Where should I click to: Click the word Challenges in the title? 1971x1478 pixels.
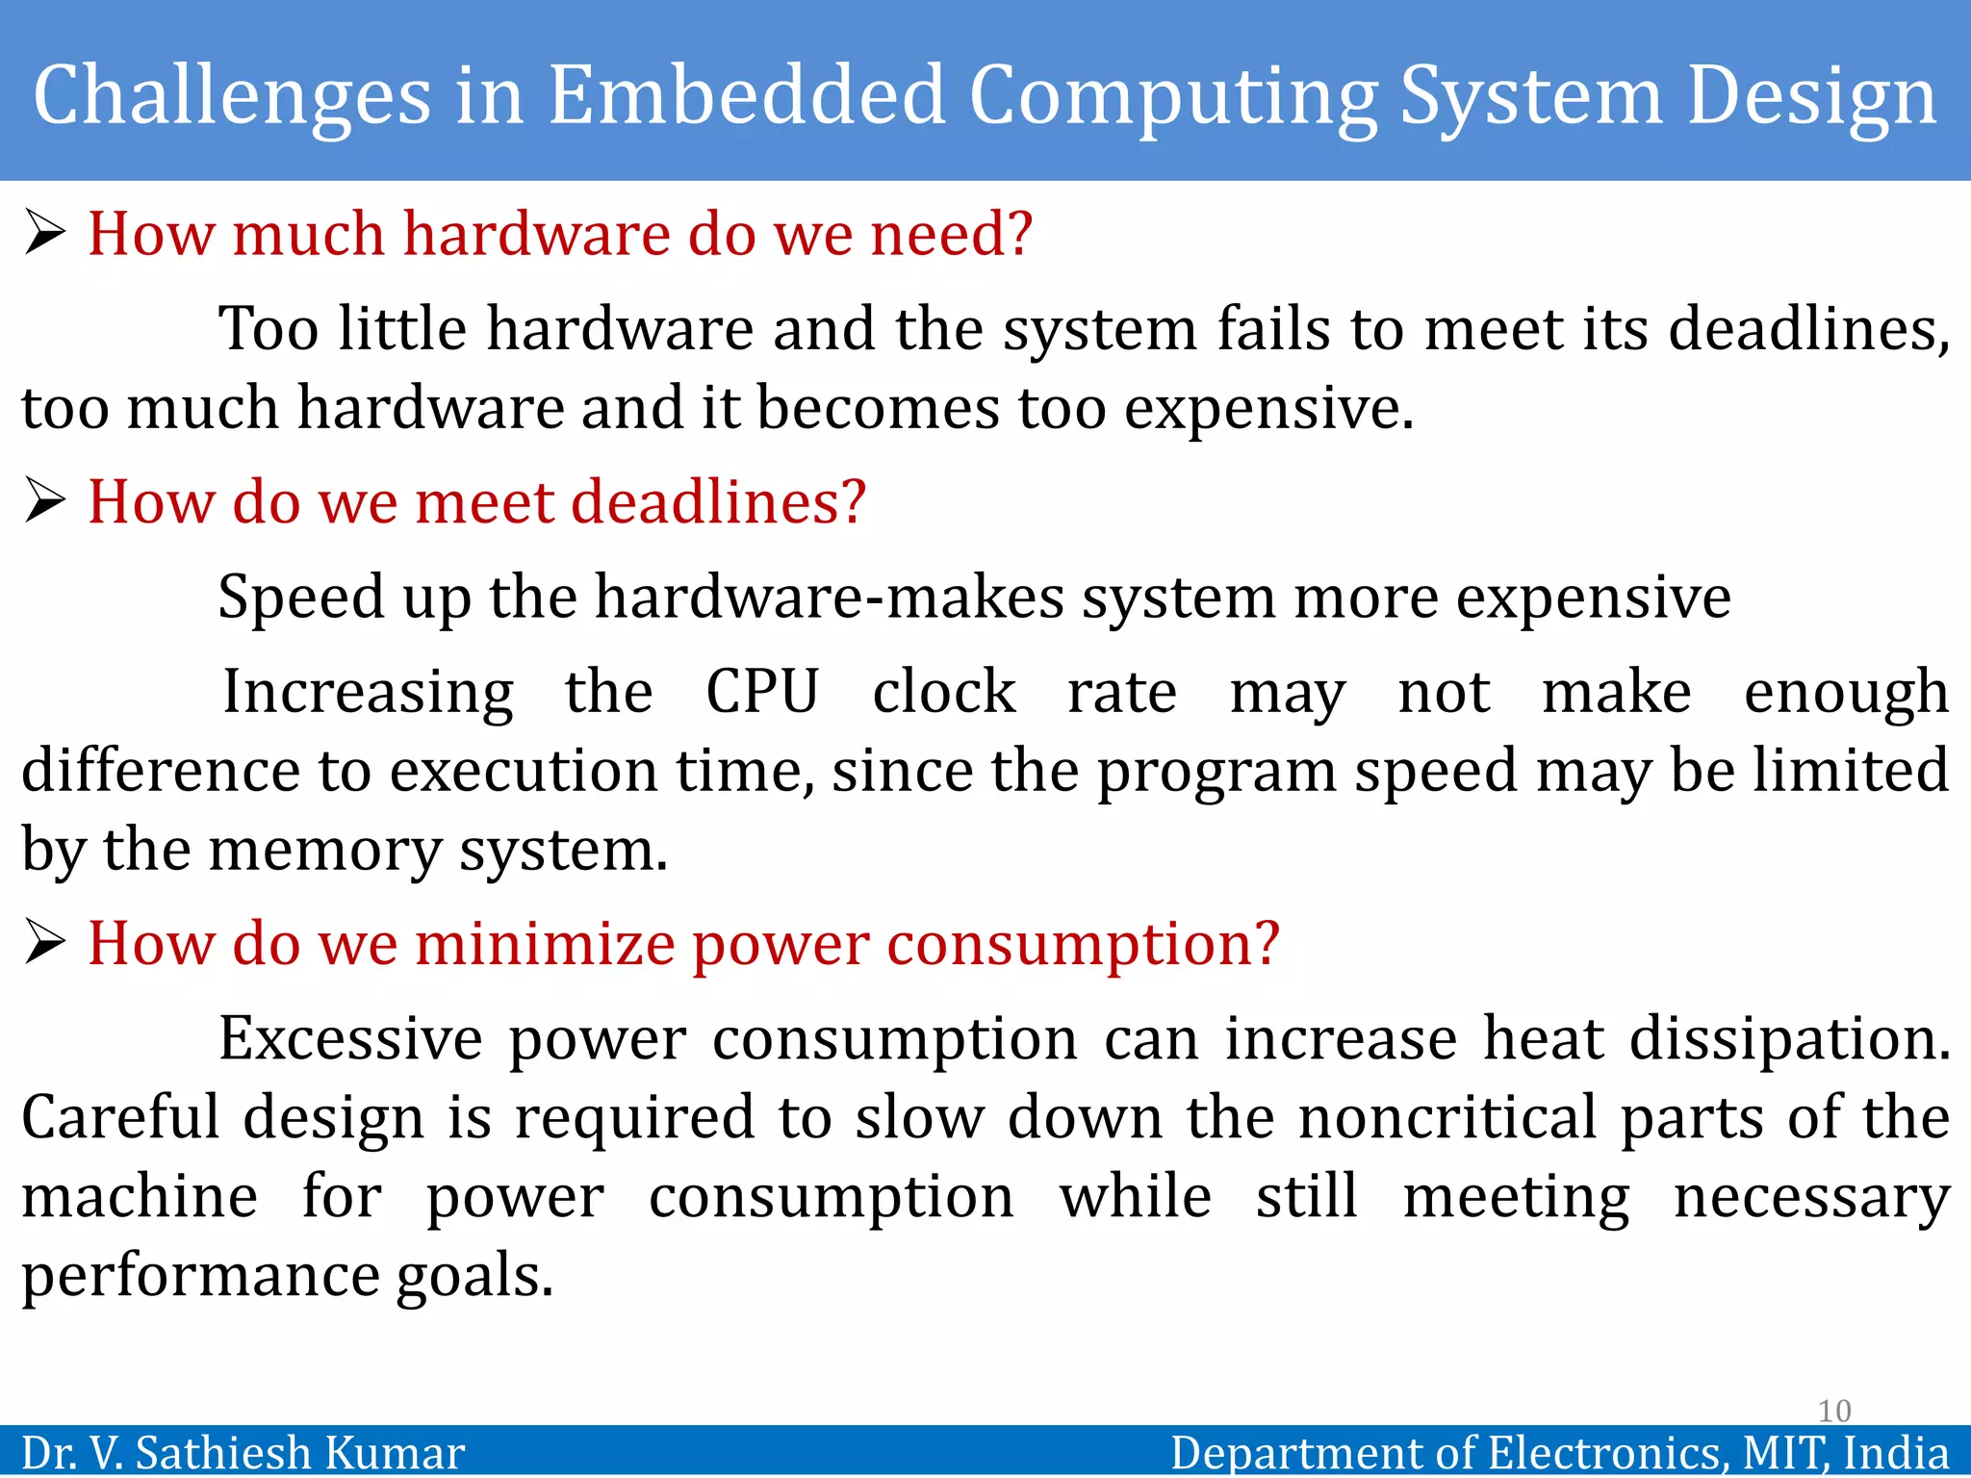(232, 96)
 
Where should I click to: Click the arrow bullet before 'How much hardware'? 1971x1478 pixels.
(44, 233)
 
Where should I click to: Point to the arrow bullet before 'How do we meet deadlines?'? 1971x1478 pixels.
(44, 501)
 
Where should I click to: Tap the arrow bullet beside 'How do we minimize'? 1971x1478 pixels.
(44, 942)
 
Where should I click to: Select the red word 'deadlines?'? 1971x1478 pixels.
(718, 502)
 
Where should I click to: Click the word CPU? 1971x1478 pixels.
(762, 691)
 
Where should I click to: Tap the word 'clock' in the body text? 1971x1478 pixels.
(943, 691)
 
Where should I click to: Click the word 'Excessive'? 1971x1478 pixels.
(350, 1038)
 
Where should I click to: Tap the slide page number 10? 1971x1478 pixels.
(1834, 1411)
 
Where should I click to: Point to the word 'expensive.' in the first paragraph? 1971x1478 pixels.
(1268, 409)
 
